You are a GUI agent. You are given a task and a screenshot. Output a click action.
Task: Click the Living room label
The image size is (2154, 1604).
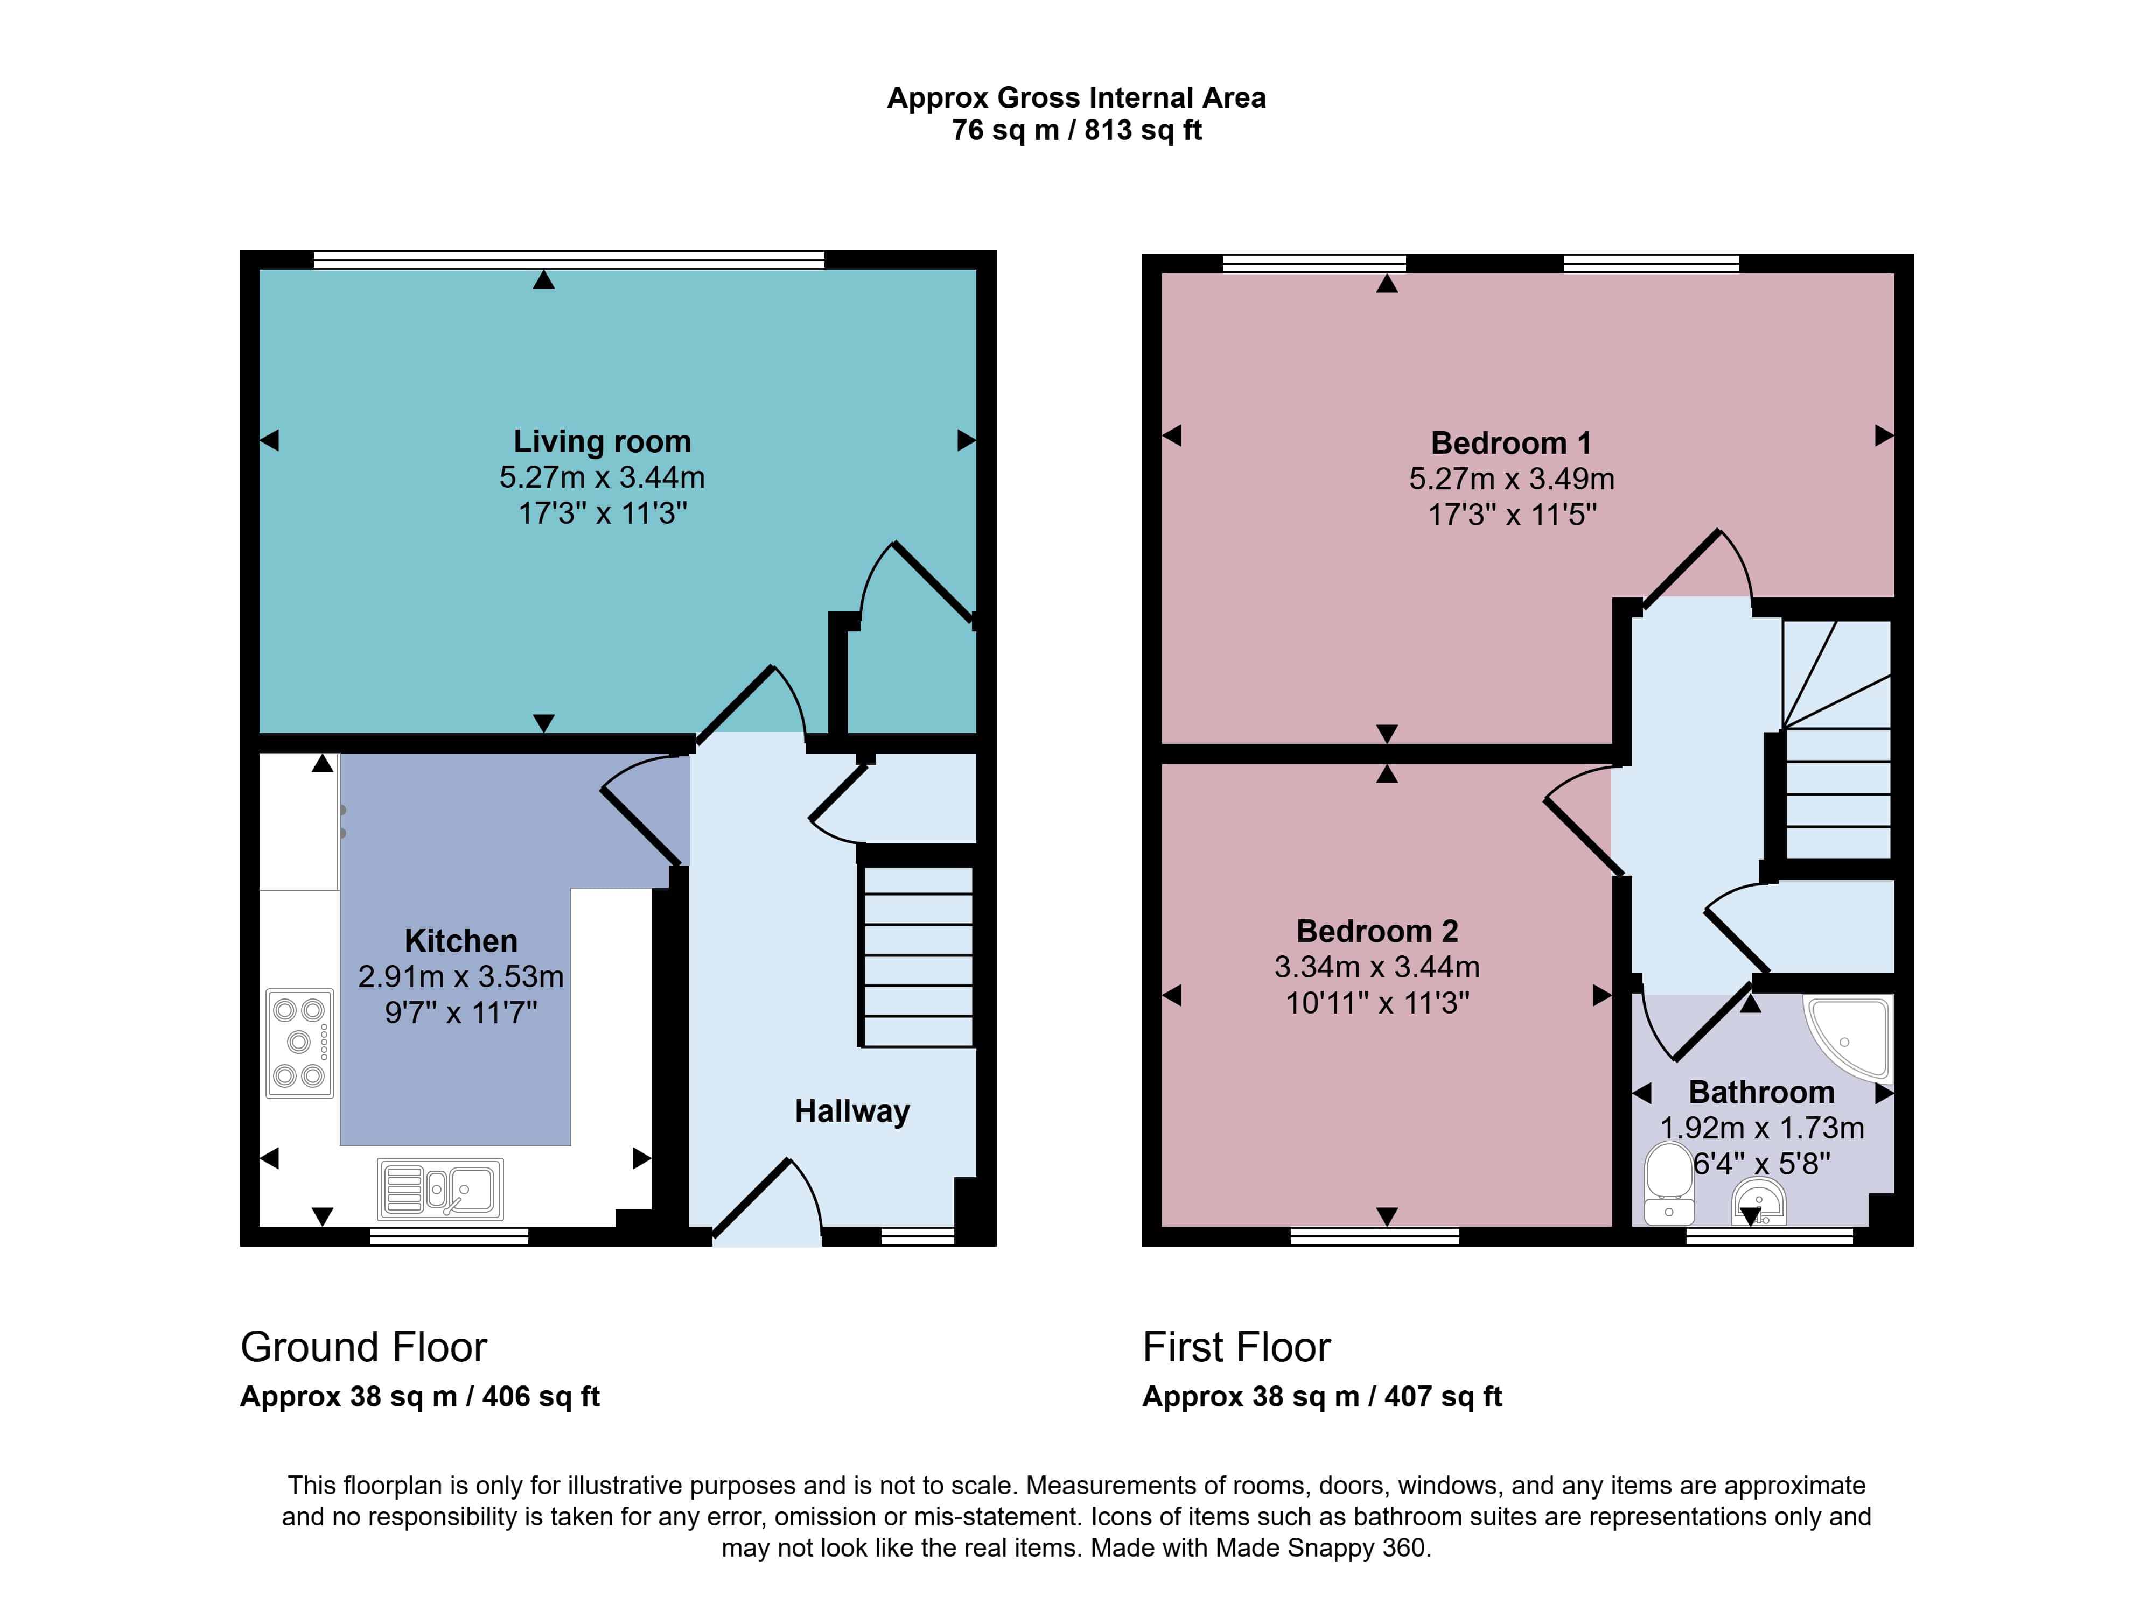(602, 442)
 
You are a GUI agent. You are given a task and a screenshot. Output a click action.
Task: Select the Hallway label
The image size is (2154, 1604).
(852, 1111)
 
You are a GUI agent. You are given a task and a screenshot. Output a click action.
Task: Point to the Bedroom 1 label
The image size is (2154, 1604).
(1511, 443)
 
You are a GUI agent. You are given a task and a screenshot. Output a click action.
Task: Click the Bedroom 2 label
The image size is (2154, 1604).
(1377, 931)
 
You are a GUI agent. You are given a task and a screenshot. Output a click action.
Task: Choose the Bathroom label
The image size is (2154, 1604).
(1761, 1092)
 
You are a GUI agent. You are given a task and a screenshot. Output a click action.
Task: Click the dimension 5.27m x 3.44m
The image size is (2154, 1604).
(602, 477)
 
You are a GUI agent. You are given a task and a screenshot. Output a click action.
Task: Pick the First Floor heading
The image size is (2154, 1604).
(1236, 1348)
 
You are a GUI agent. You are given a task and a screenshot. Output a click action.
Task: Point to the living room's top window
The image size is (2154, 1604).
(569, 259)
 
